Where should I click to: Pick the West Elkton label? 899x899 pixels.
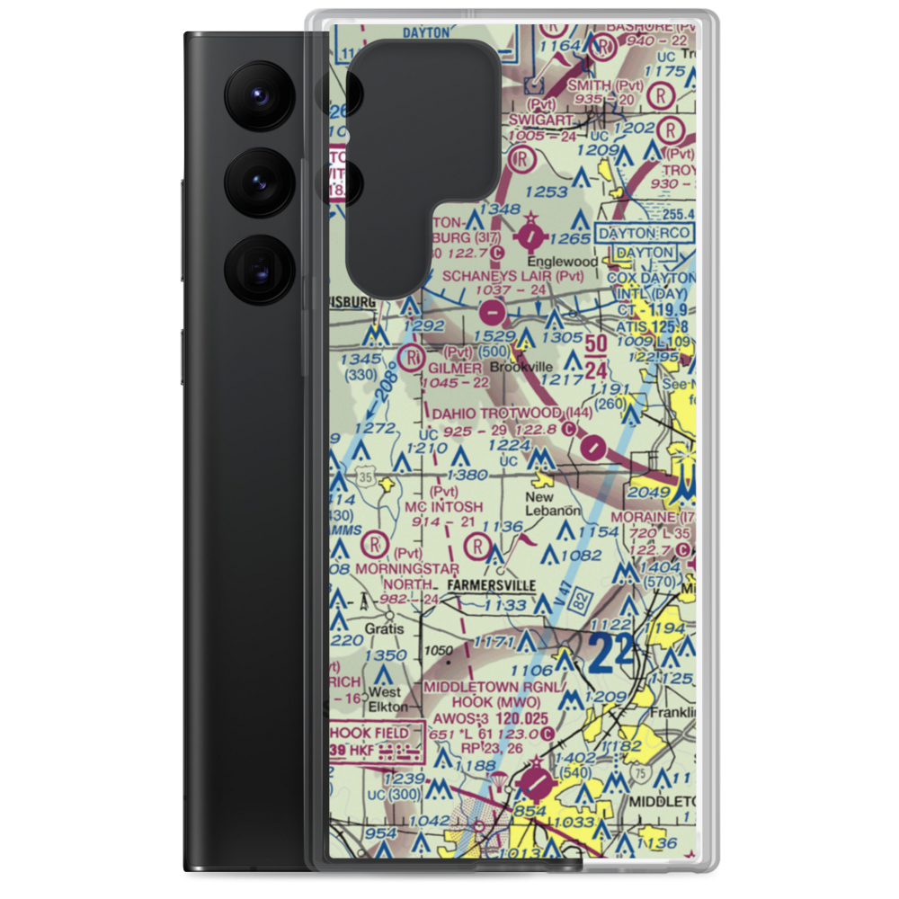(385, 699)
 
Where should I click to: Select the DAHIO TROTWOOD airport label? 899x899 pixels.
(498, 413)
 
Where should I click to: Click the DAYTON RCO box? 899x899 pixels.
(645, 233)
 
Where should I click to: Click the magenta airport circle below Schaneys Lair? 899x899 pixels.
(493, 313)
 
